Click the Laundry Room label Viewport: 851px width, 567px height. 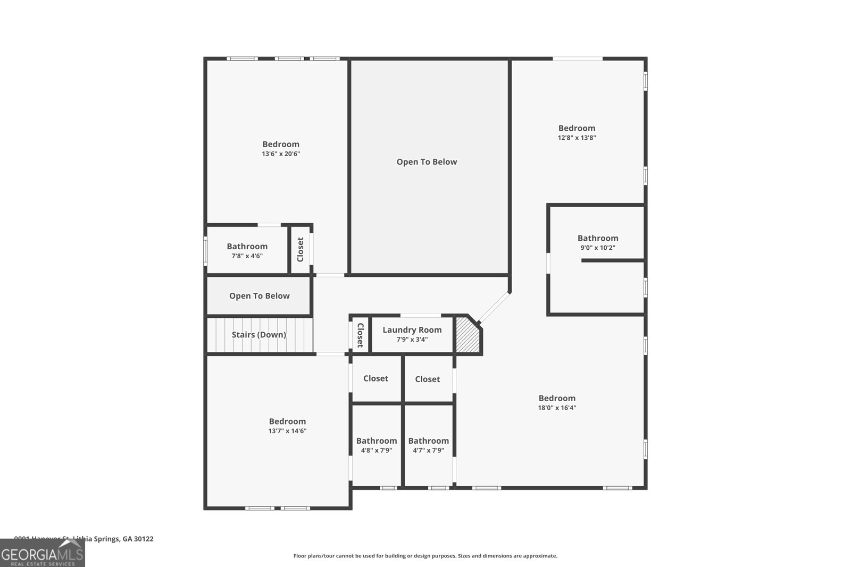pyautogui.click(x=412, y=330)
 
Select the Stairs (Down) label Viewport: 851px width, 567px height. pyautogui.click(x=258, y=335)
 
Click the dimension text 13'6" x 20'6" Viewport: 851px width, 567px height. pyautogui.click(x=281, y=154)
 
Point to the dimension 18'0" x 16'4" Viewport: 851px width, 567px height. pyautogui.click(x=557, y=408)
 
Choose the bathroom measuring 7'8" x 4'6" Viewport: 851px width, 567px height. pyautogui.click(x=247, y=250)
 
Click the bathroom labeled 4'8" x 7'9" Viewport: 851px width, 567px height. pyautogui.click(x=377, y=445)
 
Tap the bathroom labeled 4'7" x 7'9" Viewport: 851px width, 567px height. pyautogui.click(x=428, y=445)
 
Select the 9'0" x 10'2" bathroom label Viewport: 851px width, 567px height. pyautogui.click(x=598, y=242)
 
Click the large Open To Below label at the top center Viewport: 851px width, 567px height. pyautogui.click(x=427, y=162)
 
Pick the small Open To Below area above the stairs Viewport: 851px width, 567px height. pyautogui.click(x=259, y=296)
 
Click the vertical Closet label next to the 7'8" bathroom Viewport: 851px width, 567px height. pyautogui.click(x=301, y=249)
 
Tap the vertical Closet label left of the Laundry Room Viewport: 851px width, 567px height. pyautogui.click(x=360, y=335)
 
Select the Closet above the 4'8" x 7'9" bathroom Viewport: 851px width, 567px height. pyautogui.click(x=376, y=378)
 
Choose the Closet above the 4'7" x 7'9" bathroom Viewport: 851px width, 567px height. pyautogui.click(x=427, y=379)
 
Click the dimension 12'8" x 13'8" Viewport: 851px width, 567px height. pyautogui.click(x=577, y=138)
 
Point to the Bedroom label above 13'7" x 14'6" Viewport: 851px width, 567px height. pyautogui.click(x=287, y=421)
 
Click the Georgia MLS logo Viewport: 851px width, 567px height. pyautogui.click(x=42, y=554)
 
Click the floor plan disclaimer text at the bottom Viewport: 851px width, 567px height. pyautogui.click(x=425, y=556)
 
